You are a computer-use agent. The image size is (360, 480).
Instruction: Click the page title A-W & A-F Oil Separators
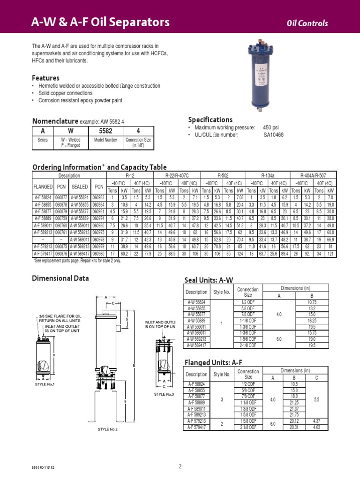[x=100, y=22]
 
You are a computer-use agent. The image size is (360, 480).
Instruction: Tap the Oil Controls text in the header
[x=307, y=24]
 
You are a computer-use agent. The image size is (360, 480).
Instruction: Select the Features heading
[x=45, y=78]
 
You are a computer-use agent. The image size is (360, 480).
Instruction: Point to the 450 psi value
[x=270, y=127]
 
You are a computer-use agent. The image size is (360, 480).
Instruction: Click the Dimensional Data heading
[x=60, y=278]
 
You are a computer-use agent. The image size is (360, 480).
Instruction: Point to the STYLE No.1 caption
[x=45, y=384]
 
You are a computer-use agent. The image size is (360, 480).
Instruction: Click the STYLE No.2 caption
[x=107, y=429]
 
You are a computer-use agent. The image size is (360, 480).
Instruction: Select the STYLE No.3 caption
[x=164, y=394]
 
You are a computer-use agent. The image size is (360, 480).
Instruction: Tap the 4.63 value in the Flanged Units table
[x=317, y=428]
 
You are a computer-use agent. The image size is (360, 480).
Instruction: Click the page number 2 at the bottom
[x=180, y=466]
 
